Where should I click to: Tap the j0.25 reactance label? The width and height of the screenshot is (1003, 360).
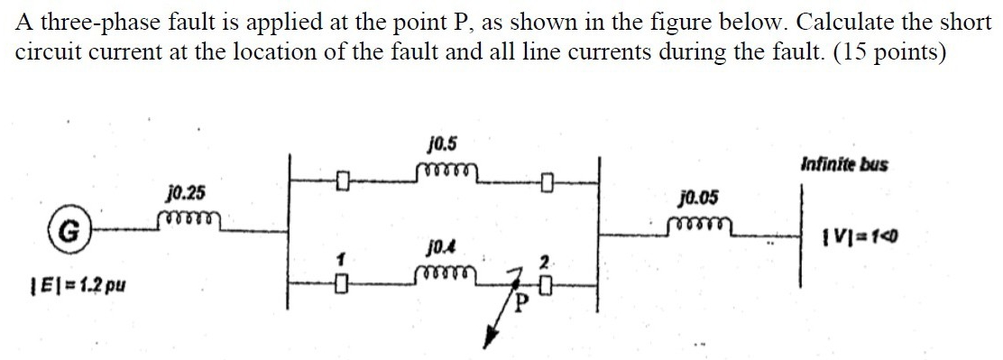point(185,192)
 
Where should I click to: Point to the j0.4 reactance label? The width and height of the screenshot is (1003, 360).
point(439,244)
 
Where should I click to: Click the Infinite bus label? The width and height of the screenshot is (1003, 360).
point(843,164)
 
